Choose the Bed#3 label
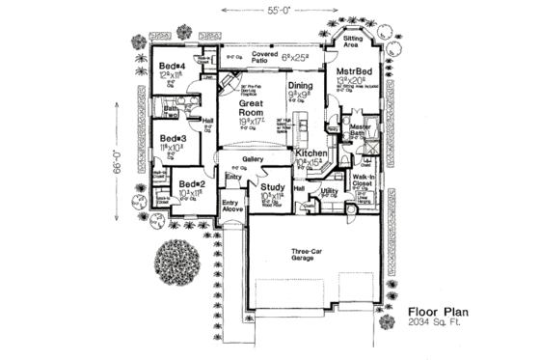175,138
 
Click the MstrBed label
353,71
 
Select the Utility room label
330,192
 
